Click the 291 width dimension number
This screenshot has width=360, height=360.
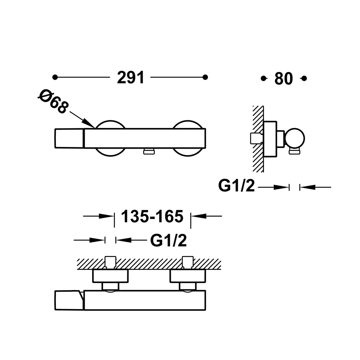tap(130, 78)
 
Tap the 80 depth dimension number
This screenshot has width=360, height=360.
tap(283, 79)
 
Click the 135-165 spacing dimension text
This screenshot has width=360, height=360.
tap(152, 217)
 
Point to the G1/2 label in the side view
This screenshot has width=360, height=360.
tap(236, 186)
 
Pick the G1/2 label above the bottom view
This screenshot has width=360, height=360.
tap(168, 241)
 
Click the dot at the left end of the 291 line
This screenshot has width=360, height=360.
tap(54, 77)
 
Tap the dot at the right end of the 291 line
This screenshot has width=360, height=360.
tap(206, 77)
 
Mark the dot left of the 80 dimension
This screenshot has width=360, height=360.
tap(263, 78)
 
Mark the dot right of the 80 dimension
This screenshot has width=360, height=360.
tap(304, 78)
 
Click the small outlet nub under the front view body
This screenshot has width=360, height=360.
tap(149, 152)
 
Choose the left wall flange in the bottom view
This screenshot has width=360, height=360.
tap(110, 276)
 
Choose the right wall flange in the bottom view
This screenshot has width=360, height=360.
tap(187, 276)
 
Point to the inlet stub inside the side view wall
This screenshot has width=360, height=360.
tap(256, 138)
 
